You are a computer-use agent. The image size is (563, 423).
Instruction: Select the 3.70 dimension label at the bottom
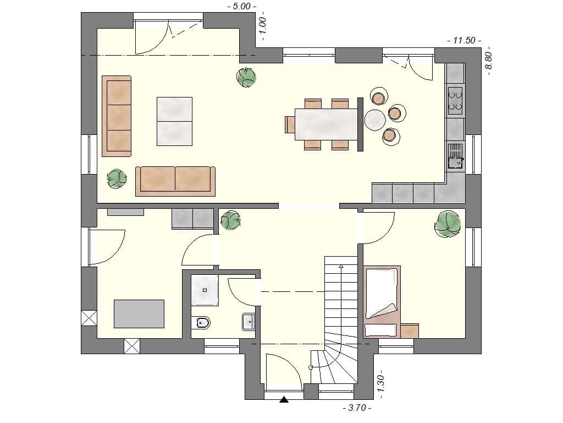click(x=356, y=408)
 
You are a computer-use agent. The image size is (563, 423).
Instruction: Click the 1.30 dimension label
click(x=381, y=385)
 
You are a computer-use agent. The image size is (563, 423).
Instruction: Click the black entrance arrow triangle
click(x=284, y=400)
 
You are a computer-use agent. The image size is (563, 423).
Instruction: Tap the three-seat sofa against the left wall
click(x=117, y=116)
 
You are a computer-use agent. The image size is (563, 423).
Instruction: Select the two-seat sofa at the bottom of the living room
click(x=175, y=181)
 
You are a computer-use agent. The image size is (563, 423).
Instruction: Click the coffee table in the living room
click(x=174, y=121)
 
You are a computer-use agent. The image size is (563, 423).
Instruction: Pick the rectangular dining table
click(x=326, y=124)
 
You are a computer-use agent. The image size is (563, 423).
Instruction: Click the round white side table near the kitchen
click(x=375, y=120)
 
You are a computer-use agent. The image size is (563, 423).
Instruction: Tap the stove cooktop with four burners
click(x=455, y=100)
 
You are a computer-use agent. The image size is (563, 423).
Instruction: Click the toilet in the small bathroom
click(x=201, y=323)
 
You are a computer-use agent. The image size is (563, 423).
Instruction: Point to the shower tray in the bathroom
click(x=205, y=290)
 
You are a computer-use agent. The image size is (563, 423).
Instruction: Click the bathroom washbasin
click(x=249, y=321)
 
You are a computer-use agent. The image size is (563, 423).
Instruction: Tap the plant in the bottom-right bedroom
click(x=448, y=223)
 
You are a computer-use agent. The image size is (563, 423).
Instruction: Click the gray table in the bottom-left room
click(x=139, y=313)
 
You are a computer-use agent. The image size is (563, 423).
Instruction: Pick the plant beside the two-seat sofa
click(x=117, y=178)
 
